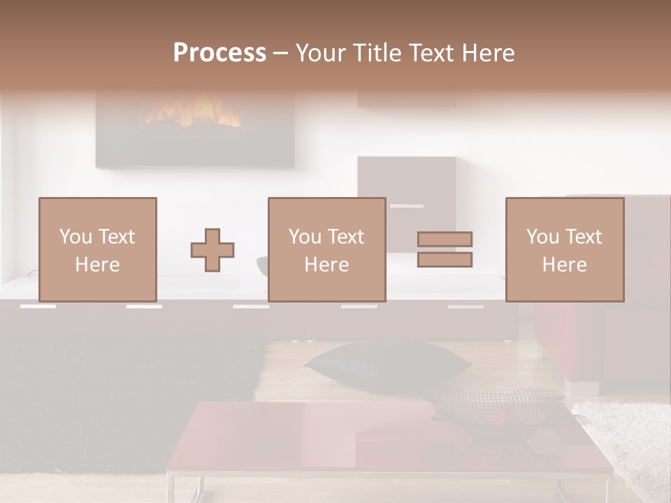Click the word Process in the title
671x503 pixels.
[219, 53]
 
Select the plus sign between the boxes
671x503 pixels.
[212, 250]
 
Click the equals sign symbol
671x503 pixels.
[445, 249]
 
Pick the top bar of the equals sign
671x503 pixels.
[445, 240]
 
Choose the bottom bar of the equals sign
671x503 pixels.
[445, 259]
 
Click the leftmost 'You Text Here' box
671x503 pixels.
[98, 249]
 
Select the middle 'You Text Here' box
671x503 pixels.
[326, 249]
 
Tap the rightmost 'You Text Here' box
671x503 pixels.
[564, 249]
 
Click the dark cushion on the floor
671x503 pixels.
[388, 363]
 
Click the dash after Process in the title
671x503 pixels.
[281, 53]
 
